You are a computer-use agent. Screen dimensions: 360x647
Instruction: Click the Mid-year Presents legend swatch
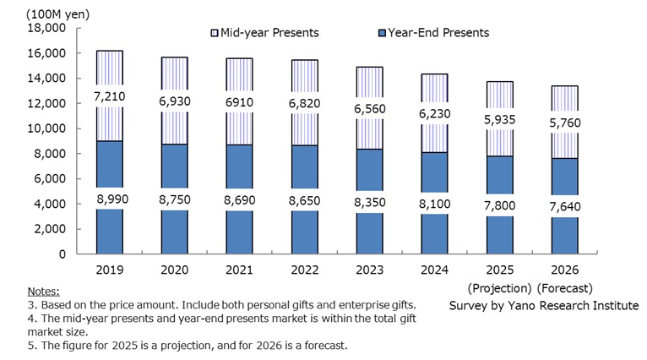click(215, 33)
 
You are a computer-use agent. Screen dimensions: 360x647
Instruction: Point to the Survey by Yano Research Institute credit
click(544, 304)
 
